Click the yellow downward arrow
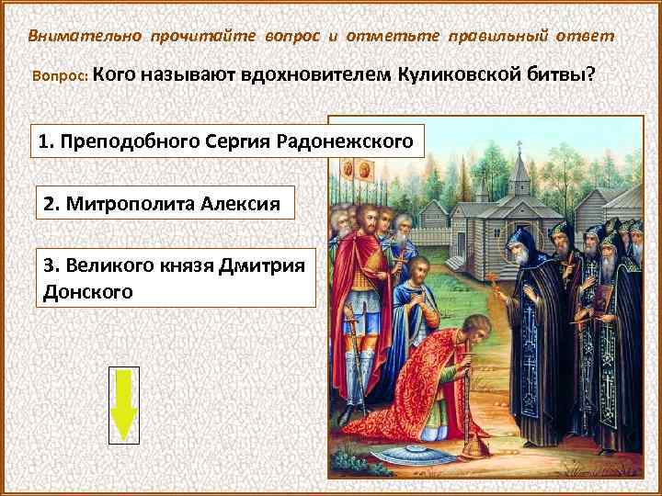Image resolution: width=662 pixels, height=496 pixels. click(124, 405)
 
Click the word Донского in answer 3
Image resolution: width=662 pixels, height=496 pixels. click(88, 291)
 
